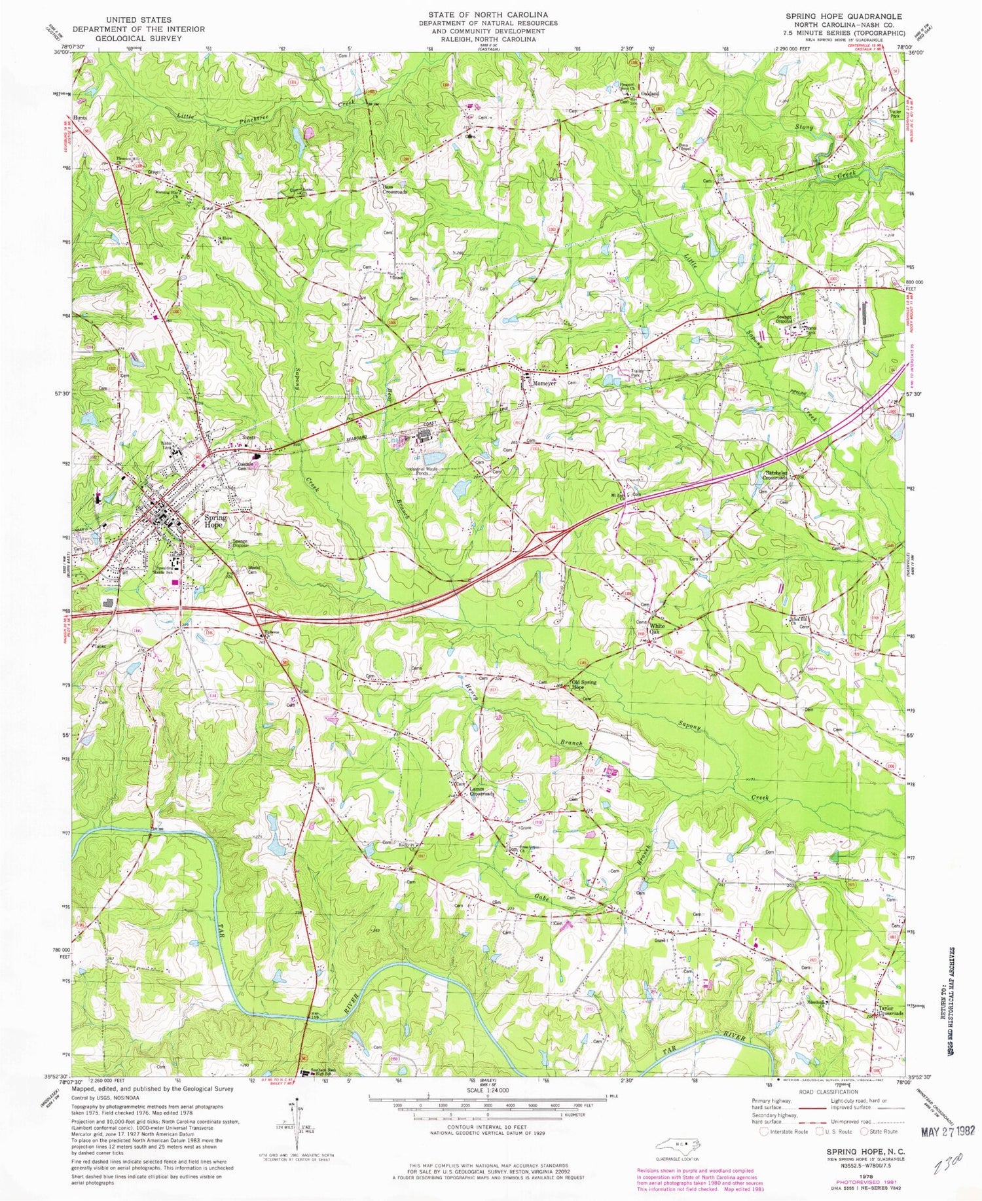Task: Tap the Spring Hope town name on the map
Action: tap(215, 520)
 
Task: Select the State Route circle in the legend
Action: tap(865, 1131)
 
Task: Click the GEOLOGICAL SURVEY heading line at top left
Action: tap(137, 38)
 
